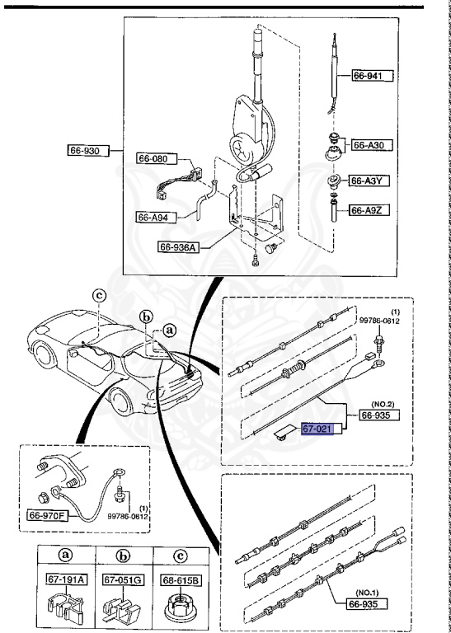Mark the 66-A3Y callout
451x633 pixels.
[x=371, y=181]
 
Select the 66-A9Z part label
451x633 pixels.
[x=371, y=211]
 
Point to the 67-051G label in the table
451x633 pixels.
[x=121, y=580]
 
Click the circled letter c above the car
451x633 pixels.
[x=98, y=294]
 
